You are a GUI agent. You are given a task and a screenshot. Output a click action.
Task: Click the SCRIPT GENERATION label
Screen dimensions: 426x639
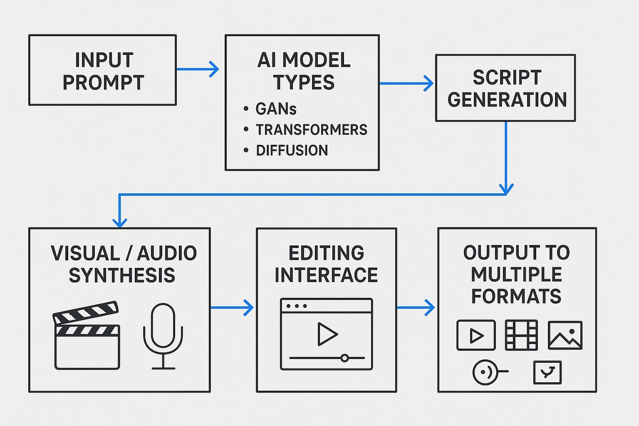(x=505, y=88)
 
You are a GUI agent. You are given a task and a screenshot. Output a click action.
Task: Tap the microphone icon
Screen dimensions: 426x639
(x=162, y=335)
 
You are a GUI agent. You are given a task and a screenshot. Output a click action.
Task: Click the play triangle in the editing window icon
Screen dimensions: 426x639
(x=326, y=334)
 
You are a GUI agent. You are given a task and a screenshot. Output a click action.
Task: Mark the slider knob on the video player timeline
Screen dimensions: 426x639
(x=345, y=358)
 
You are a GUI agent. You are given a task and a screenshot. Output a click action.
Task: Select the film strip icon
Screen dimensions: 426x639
(x=521, y=335)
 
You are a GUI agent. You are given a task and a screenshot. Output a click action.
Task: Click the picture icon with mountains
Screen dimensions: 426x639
(x=565, y=335)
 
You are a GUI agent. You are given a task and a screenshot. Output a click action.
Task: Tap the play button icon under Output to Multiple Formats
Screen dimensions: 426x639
(x=476, y=335)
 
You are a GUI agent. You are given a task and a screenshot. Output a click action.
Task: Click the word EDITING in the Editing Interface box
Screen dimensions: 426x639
(x=325, y=253)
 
